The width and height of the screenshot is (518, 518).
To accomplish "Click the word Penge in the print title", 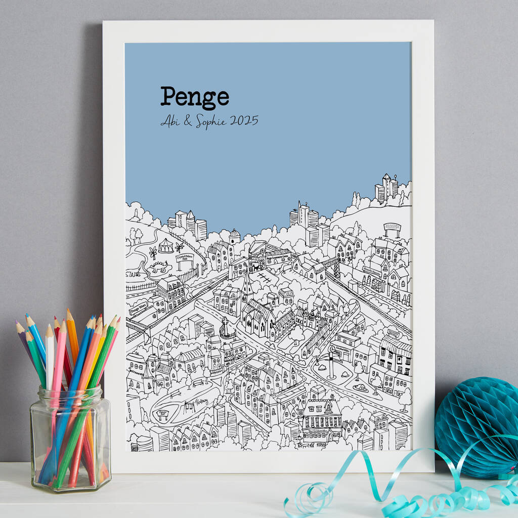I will (x=195, y=97).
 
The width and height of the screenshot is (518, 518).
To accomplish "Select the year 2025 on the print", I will (x=244, y=121).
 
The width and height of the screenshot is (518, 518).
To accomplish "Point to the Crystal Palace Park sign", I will (x=185, y=258).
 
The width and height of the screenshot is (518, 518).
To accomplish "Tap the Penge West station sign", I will (x=139, y=308).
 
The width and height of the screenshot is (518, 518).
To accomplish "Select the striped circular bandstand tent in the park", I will (x=165, y=247).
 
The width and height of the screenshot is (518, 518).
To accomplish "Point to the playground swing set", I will (x=190, y=404).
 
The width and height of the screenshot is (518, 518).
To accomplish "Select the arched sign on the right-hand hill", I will (x=392, y=227).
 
